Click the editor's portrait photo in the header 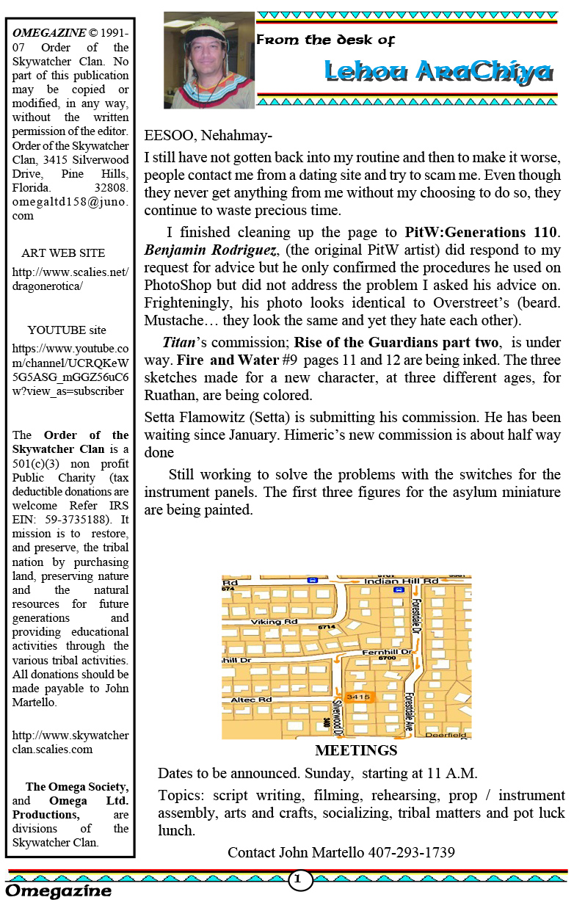pos(209,59)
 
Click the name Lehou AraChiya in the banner pos(438,72)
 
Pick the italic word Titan pos(176,341)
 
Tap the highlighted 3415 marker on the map pos(358,697)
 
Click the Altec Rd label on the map pos(252,700)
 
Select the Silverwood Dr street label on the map pos(338,716)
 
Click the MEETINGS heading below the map pos(356,751)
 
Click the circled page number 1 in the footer pos(299,879)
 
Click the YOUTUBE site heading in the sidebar pos(67,330)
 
